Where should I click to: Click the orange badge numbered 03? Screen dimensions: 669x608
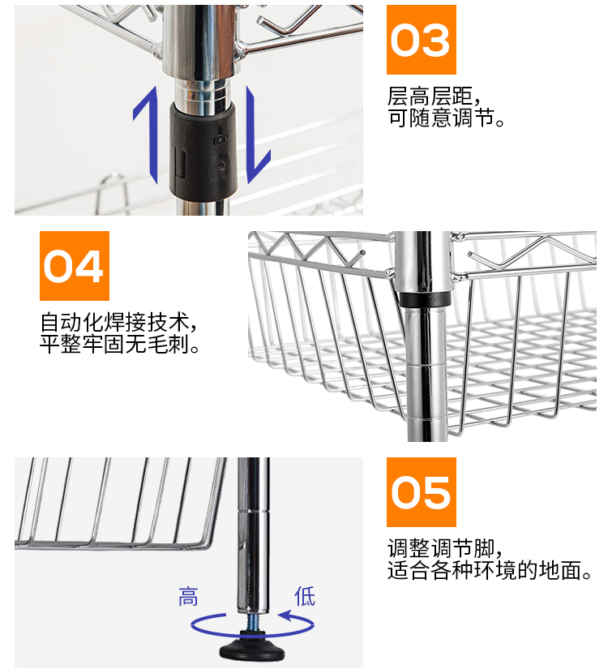tap(421, 40)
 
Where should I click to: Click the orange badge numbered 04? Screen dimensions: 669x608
tap(74, 266)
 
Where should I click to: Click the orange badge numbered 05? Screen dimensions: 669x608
tap(421, 492)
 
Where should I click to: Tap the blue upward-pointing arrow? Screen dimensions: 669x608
tap(146, 134)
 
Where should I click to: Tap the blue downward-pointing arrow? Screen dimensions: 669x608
tap(257, 134)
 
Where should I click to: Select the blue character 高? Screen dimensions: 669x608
tap(188, 598)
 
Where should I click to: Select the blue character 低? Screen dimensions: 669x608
tap(304, 598)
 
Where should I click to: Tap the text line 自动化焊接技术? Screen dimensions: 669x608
tap(119, 322)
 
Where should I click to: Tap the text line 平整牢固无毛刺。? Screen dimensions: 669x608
tap(121, 345)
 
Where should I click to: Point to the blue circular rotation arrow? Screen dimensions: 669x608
tap(252, 625)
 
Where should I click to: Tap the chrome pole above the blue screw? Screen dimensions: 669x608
tap(253, 551)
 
